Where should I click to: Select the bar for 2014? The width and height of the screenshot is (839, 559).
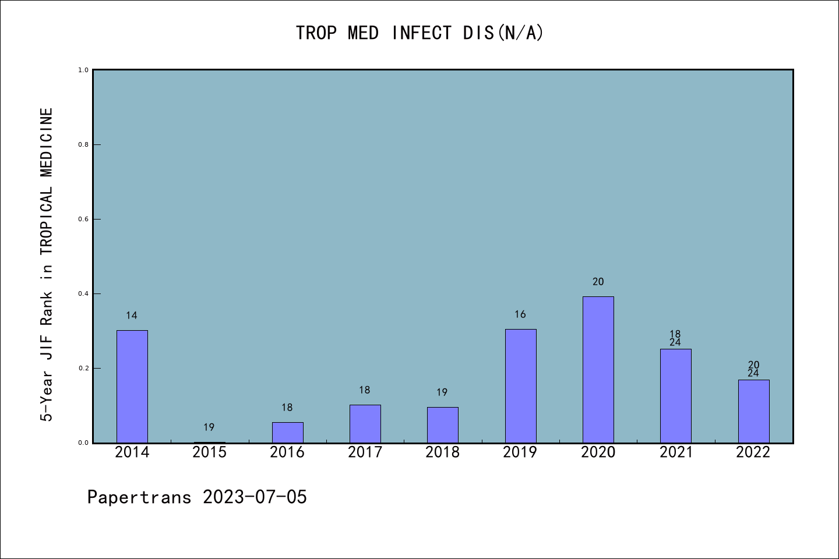[x=132, y=387]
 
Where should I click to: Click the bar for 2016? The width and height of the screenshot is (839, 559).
[x=287, y=432]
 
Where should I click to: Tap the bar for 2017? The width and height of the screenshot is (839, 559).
[x=365, y=424]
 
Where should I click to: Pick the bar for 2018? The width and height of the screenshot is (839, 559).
[x=443, y=425]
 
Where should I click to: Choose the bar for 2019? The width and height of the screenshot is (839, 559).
[x=520, y=386]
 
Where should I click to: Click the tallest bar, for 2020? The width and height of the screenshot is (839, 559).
[x=598, y=370]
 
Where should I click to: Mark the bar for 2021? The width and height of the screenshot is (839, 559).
[x=676, y=396]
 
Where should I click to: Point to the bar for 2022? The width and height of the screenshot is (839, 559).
[x=753, y=411]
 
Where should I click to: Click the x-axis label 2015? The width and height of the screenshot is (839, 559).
[x=210, y=452]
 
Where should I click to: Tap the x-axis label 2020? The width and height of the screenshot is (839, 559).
[x=598, y=452]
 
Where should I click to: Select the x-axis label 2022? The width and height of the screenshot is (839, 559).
[x=753, y=452]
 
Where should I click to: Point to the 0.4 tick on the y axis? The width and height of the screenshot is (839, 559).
[x=83, y=293]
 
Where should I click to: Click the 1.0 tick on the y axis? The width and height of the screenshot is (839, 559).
[x=83, y=70]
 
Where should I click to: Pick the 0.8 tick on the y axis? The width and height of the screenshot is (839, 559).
[x=83, y=144]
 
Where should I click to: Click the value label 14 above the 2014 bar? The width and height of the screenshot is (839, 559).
[x=132, y=316]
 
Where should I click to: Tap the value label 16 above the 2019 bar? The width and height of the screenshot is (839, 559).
[x=520, y=314]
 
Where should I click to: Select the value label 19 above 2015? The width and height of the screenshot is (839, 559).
[x=209, y=427]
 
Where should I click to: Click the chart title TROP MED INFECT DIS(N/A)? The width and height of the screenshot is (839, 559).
[x=419, y=33]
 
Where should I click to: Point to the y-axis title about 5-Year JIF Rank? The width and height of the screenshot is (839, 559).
[x=47, y=264]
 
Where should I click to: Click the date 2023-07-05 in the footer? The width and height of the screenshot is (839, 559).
[x=255, y=497]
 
